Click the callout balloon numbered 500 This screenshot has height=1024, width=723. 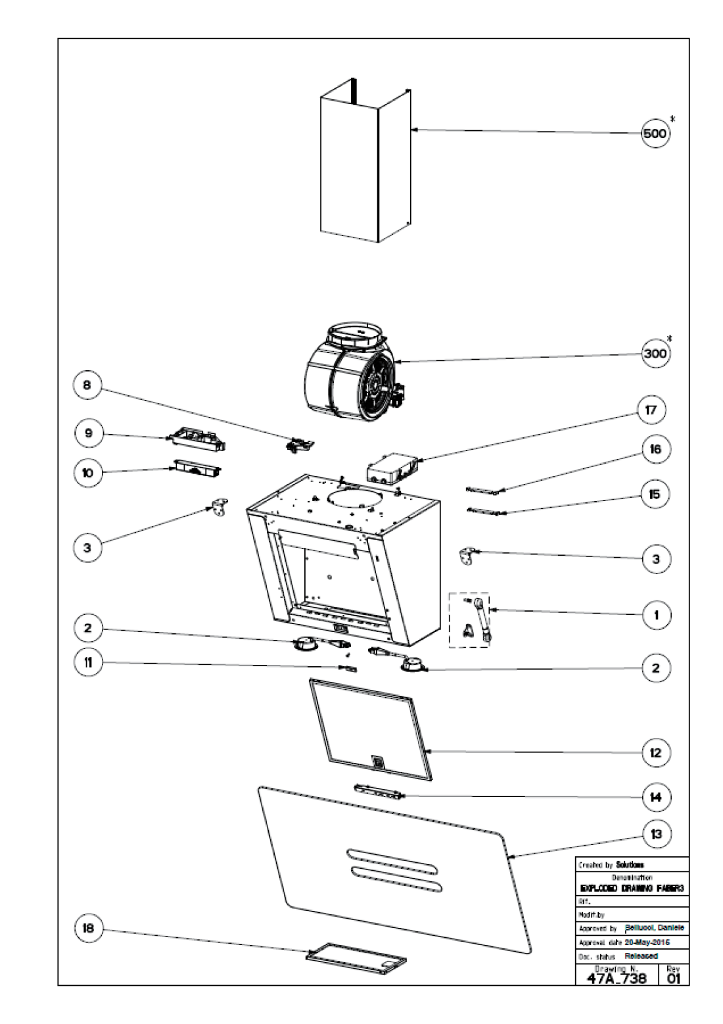tap(655, 134)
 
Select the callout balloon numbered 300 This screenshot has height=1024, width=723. tap(655, 353)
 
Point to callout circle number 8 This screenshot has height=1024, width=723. tap(87, 386)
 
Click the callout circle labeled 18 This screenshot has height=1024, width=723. tap(87, 929)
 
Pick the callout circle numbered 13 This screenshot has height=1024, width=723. tap(655, 835)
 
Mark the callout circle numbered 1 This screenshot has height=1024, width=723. tap(655, 616)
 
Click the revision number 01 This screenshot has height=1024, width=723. tap(674, 978)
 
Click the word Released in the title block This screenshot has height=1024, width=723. tap(641, 956)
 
